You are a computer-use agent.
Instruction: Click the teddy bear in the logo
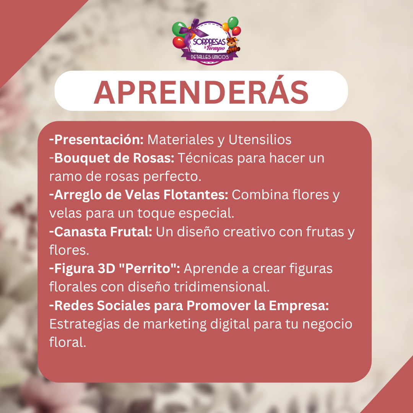point(233,45)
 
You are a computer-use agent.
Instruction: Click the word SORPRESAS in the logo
point(209,42)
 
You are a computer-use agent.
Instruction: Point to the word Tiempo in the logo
point(216,48)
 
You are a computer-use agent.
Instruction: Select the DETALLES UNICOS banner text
point(210,57)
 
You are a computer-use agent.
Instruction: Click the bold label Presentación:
point(96,139)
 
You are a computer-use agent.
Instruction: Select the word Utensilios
point(260,140)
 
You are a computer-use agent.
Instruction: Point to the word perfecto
point(172,176)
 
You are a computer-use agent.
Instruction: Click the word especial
point(206,213)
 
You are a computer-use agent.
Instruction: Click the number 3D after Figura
point(107,269)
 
